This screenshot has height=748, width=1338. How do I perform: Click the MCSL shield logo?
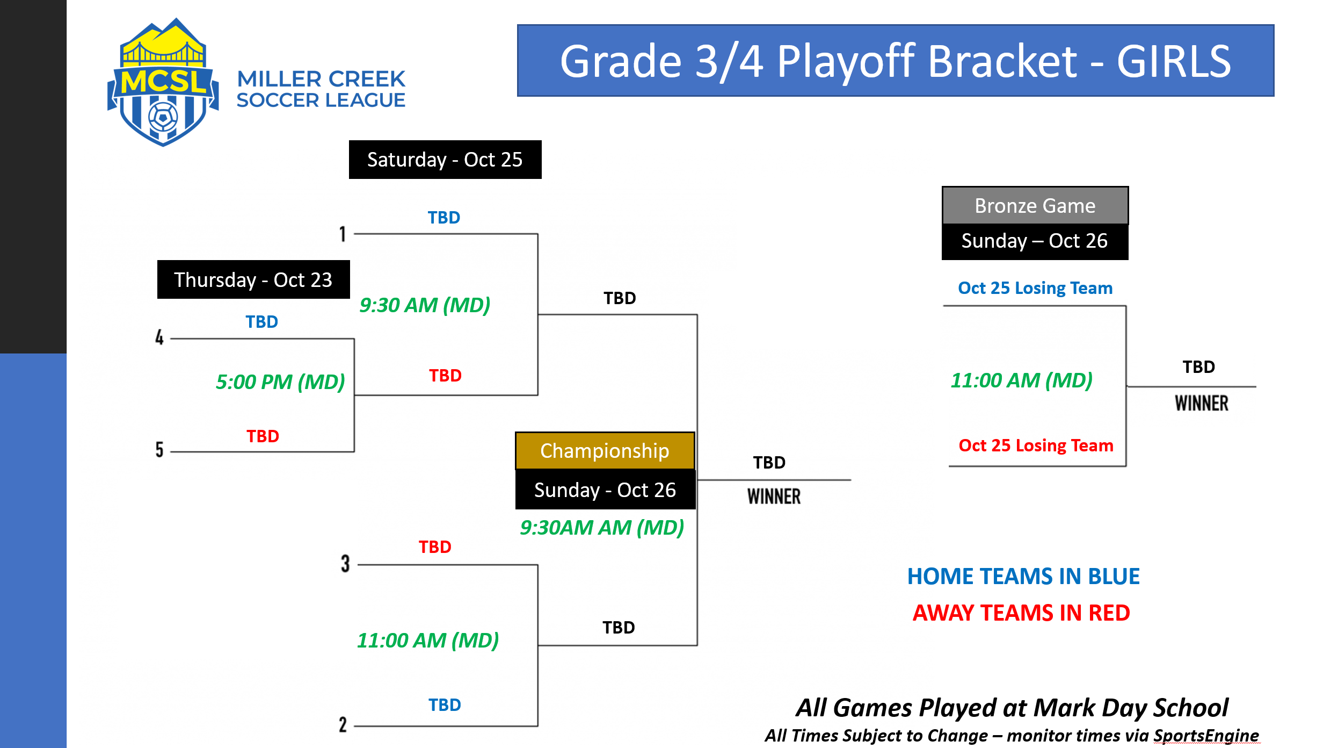[x=163, y=83]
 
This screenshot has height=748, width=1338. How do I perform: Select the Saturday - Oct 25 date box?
[x=445, y=160]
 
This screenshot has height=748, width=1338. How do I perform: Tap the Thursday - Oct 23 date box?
[x=253, y=279]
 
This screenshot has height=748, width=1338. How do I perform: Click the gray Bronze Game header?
[x=1035, y=206]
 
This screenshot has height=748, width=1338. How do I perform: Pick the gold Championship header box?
[x=605, y=451]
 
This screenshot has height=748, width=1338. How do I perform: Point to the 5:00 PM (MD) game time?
[x=280, y=382]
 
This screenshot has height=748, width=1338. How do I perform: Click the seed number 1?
[x=343, y=234]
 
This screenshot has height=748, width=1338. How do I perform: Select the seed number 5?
[x=159, y=449]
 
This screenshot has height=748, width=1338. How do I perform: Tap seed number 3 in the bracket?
[x=345, y=564]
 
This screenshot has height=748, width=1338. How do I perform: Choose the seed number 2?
[x=343, y=724]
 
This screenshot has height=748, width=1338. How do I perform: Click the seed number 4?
[x=159, y=337]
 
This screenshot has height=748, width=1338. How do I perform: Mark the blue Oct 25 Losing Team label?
[x=1035, y=288]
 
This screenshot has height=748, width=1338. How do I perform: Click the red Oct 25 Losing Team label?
[x=1036, y=445]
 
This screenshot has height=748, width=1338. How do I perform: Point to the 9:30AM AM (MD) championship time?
[x=601, y=528]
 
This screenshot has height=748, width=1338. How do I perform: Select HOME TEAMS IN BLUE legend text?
[x=1023, y=577]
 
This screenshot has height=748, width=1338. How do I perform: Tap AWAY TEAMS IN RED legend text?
[x=1021, y=613]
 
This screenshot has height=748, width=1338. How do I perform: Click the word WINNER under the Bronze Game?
[x=1201, y=403]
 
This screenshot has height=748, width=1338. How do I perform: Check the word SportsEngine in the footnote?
[x=1206, y=735]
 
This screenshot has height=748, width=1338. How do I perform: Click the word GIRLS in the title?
[x=1174, y=61]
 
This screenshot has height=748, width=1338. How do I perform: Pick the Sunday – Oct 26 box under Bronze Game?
[x=1035, y=241]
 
